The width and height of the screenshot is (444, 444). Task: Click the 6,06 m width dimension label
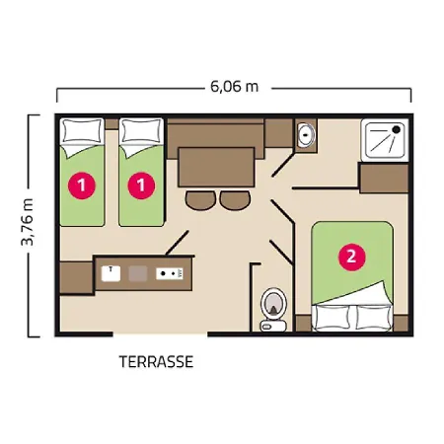coord(234,87)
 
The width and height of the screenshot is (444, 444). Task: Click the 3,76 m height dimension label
coord(28,222)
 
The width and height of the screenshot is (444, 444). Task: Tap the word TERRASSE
coord(156,362)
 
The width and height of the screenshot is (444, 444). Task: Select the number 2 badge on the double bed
coord(352,257)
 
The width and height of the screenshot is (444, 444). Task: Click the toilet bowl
coord(273,303)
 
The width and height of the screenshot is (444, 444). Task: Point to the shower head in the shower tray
coord(397,129)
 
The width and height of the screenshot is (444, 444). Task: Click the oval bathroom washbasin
coord(306,134)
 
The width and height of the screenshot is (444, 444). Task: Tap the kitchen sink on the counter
coord(111,273)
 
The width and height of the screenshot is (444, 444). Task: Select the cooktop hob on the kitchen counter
coord(170,273)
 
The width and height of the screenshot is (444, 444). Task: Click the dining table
coord(216,167)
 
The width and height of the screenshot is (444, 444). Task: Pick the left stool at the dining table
coord(200,200)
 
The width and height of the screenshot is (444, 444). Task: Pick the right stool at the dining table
coord(235,200)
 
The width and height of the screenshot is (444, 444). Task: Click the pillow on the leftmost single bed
coord(82,131)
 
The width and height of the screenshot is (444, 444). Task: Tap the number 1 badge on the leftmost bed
coord(82,185)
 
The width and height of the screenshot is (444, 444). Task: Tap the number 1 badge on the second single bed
coord(141,185)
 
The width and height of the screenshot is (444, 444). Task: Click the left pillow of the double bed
coord(332,317)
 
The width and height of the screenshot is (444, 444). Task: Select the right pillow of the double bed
coord(374,317)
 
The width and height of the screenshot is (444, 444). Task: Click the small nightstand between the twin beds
coord(111,124)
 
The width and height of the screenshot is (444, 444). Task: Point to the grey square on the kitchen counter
coord(138,273)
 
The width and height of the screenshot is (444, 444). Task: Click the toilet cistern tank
coord(273,326)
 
